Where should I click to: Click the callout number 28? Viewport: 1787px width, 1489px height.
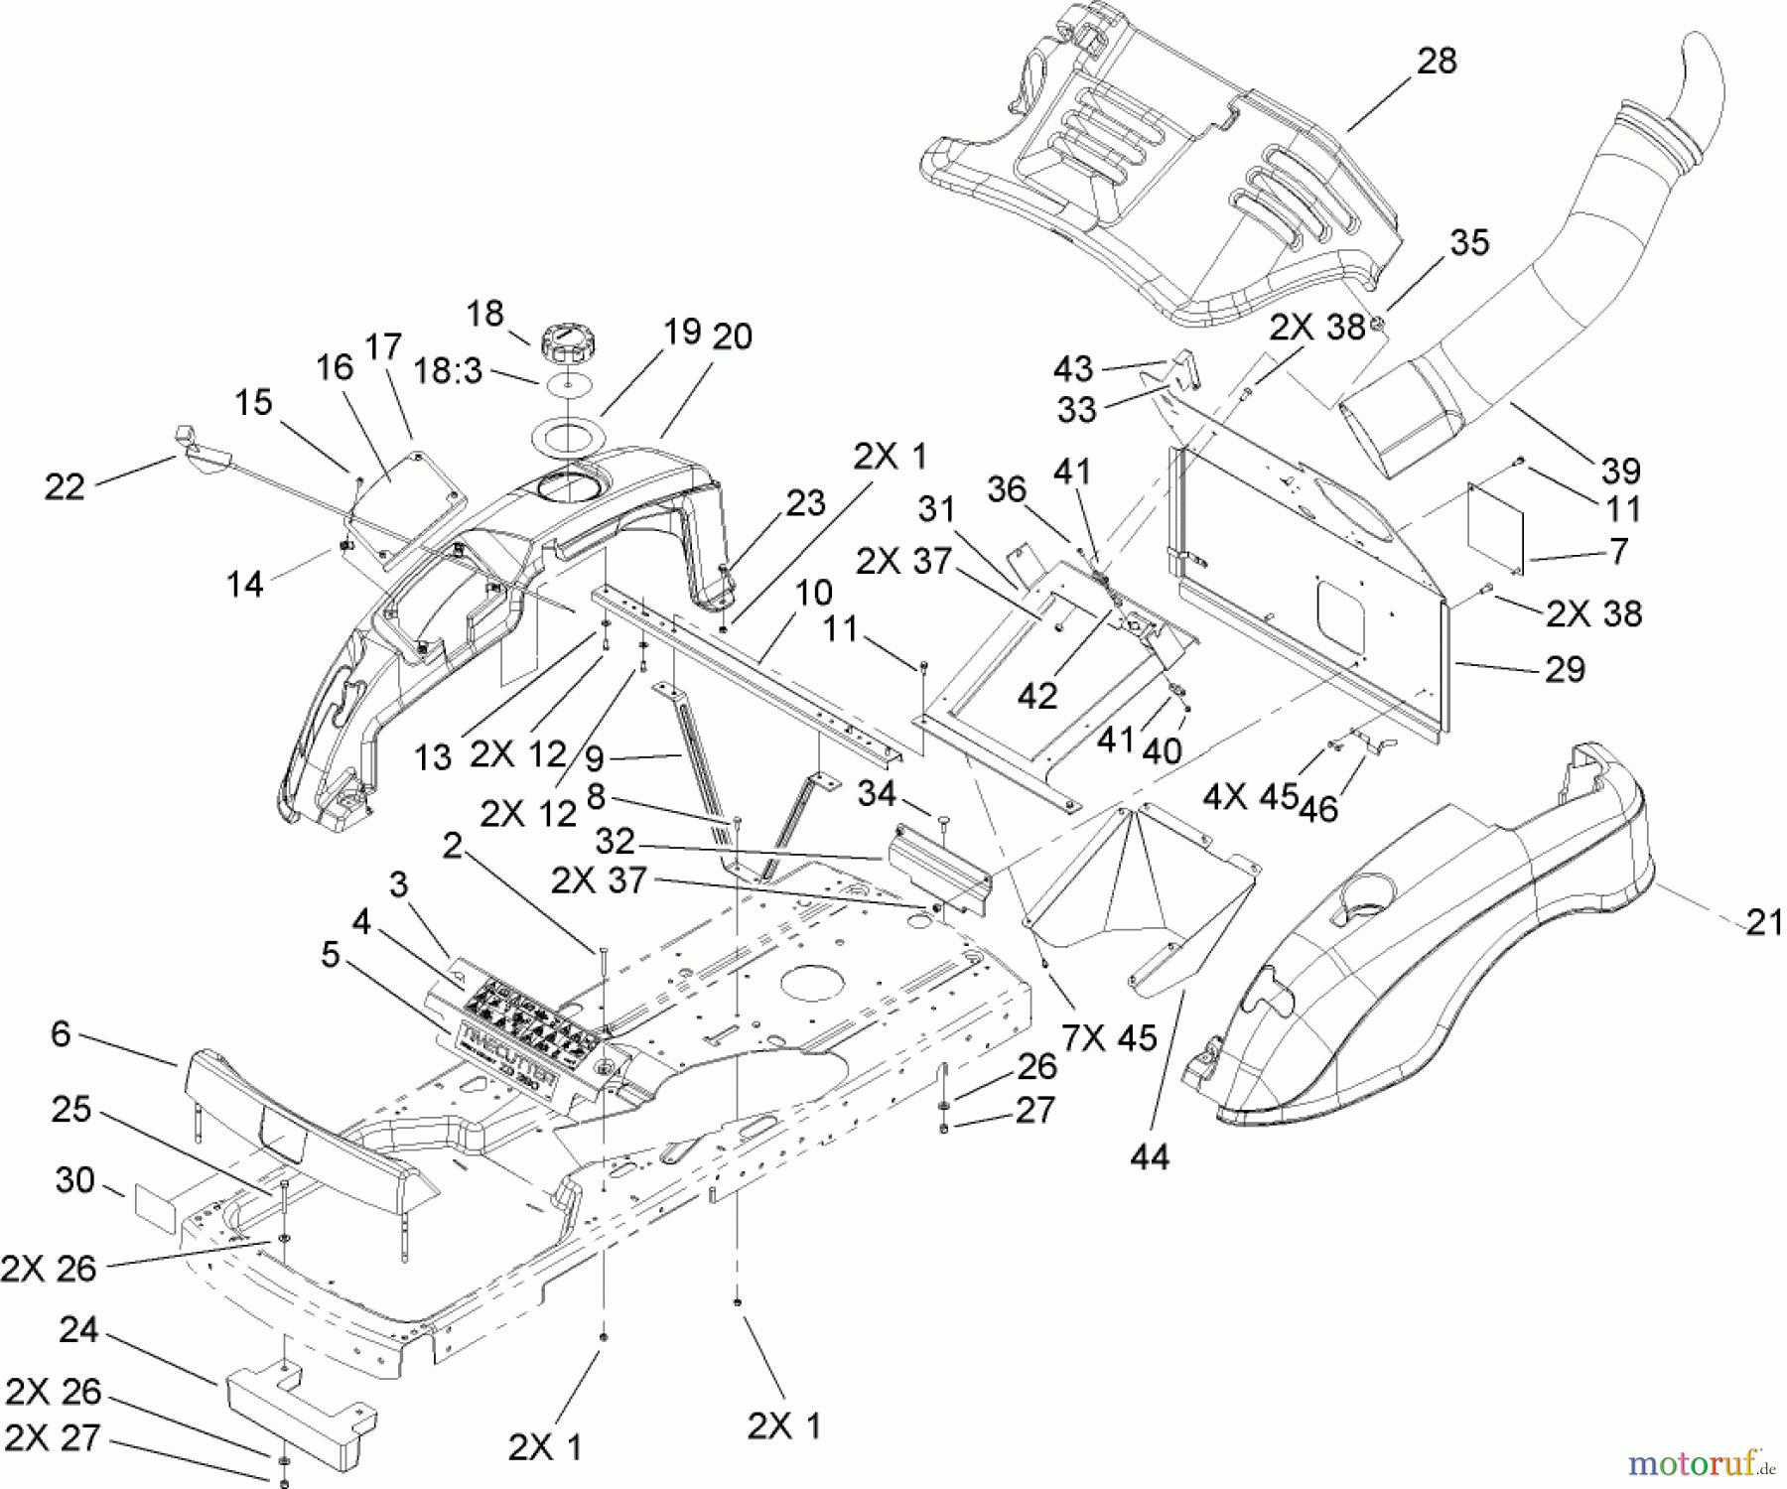[x=1437, y=62]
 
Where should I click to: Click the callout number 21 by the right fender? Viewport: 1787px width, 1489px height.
[x=1763, y=923]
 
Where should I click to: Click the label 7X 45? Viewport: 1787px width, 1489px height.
[x=1109, y=1038]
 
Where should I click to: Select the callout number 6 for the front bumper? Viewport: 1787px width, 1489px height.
[x=61, y=1034]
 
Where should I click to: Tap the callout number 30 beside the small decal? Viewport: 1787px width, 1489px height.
[x=75, y=1181]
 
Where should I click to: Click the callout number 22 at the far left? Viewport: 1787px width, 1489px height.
[x=65, y=486]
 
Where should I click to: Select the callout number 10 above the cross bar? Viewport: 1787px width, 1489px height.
[x=813, y=594]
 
